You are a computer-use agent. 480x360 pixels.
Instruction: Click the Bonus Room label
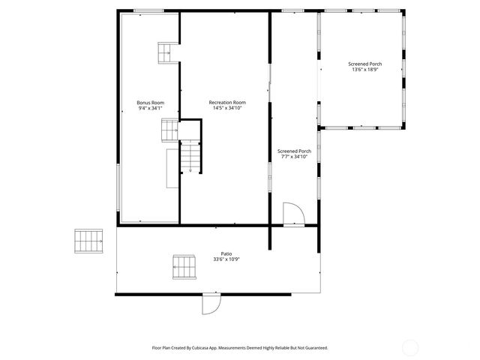[x=150, y=102]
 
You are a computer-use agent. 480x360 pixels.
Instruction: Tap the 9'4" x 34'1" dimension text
[x=150, y=108]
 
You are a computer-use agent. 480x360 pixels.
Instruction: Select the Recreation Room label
[x=227, y=102]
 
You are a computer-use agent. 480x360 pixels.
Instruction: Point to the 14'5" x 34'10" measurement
[x=227, y=108]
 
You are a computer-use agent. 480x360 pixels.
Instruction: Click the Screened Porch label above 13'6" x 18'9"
[x=364, y=64]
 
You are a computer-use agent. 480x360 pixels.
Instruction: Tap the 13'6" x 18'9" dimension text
[x=364, y=70]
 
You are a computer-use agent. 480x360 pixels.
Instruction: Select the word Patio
[x=226, y=254]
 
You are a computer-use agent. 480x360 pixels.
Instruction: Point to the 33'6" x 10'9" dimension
[x=226, y=260]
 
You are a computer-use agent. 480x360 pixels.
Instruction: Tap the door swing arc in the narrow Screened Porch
[x=293, y=214]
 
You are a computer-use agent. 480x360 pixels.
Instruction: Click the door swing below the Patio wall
[x=211, y=304]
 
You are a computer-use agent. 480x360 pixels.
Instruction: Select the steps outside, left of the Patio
[x=88, y=241]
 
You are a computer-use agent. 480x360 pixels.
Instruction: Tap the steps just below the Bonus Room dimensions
[x=169, y=130]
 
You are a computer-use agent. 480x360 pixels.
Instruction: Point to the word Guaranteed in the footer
[x=313, y=348]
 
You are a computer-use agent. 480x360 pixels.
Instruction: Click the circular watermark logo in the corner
[x=410, y=346]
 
